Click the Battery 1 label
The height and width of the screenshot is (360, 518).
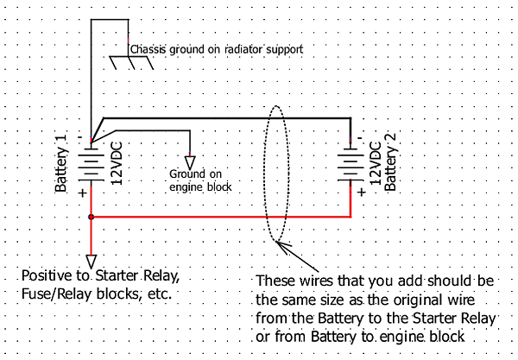tap(60, 164)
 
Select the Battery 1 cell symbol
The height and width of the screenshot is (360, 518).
tap(91, 163)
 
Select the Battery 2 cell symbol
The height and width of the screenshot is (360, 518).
tap(351, 163)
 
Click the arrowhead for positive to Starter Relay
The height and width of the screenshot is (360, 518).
tap(91, 260)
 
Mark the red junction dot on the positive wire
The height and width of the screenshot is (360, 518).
tap(91, 217)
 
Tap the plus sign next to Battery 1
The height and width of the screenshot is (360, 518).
tap(83, 193)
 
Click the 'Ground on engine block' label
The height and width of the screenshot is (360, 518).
tap(200, 180)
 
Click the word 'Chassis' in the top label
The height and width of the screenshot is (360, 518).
tap(148, 49)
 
